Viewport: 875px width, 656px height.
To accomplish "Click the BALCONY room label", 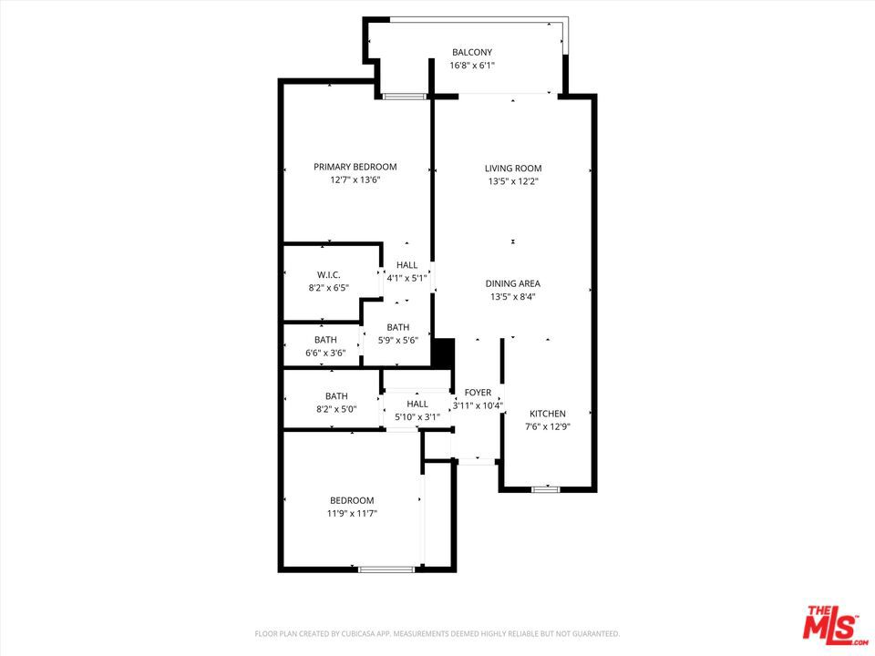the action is (x=472, y=53).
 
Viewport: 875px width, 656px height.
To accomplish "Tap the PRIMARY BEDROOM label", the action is (x=355, y=167).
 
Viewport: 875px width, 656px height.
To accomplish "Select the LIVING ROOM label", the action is (x=513, y=169).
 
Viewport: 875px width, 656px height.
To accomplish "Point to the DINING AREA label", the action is (x=513, y=284).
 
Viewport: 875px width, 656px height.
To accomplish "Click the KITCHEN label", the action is (x=548, y=414).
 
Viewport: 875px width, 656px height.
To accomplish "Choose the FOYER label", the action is (x=478, y=393).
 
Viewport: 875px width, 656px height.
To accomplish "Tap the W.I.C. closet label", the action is (x=329, y=275).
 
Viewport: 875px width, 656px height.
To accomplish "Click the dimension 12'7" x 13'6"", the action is (x=355, y=180).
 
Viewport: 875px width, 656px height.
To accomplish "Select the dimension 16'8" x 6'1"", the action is (x=472, y=66).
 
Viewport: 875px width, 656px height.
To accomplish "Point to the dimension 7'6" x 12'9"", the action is (x=548, y=427).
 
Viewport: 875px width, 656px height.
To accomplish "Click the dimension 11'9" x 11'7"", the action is (x=352, y=514).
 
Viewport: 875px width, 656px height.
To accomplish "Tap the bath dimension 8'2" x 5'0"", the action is (x=336, y=409).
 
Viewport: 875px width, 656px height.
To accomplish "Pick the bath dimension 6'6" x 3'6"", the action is (x=325, y=354).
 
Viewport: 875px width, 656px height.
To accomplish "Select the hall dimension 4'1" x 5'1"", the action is (x=407, y=279).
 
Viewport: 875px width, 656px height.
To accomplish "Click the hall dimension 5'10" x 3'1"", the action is (x=417, y=417).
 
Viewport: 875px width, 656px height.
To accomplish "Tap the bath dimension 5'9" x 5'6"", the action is (x=398, y=341).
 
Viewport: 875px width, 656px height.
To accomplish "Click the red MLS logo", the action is (x=834, y=622).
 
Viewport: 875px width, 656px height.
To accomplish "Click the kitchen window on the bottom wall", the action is (x=546, y=490).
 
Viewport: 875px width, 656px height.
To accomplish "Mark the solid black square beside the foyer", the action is (x=444, y=354).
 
